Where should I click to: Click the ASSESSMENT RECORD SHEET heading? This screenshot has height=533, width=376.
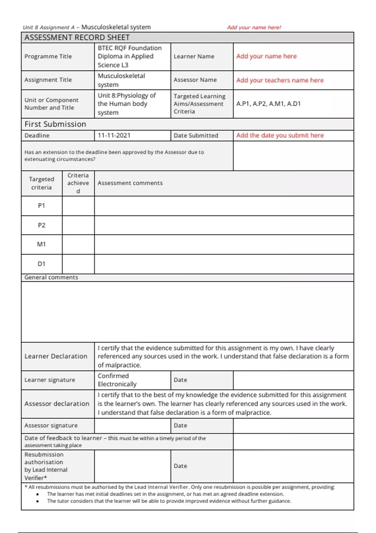click(77, 38)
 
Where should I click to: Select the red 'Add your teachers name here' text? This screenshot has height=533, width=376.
click(280, 80)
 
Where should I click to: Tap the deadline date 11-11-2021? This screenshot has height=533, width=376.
click(114, 135)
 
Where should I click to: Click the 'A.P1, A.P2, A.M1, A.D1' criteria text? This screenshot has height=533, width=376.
click(269, 104)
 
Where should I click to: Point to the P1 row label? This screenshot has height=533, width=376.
click(42, 206)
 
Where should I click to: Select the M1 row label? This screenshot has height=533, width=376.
click(42, 244)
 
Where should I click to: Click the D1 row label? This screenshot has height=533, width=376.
click(42, 264)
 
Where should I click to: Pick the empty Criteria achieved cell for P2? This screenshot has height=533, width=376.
click(78, 225)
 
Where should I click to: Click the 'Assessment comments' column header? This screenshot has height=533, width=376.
click(130, 183)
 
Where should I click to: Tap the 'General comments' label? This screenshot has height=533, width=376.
click(51, 277)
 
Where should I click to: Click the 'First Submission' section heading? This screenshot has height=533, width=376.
click(55, 124)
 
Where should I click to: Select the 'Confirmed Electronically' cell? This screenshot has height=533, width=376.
click(117, 380)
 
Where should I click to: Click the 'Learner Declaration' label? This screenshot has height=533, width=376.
click(56, 356)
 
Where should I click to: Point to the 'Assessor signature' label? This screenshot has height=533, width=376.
click(51, 425)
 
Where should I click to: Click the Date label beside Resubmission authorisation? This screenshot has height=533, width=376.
click(180, 466)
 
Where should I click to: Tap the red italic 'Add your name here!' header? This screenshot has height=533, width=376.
click(254, 28)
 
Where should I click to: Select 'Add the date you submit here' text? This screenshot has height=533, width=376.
click(280, 135)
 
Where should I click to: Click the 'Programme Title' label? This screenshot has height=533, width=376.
click(48, 56)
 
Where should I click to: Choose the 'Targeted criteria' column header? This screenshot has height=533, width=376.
click(42, 183)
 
